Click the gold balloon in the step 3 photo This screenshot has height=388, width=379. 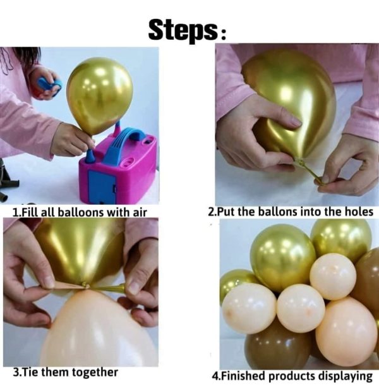(x=79, y=250)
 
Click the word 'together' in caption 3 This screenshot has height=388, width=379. (x=95, y=372)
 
